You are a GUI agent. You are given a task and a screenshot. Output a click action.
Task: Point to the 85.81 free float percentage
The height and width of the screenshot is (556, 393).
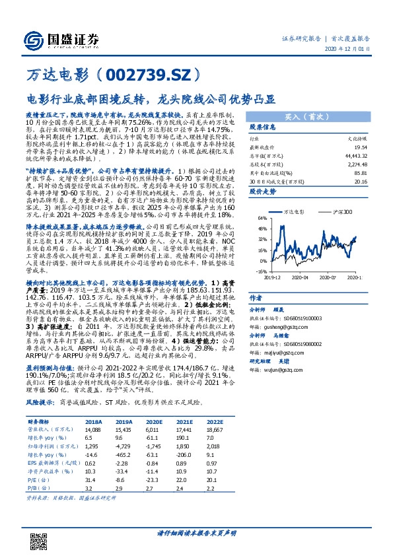[x=359, y=172]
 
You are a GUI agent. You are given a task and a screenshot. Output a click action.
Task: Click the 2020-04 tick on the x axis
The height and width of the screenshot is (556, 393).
[x=301, y=278]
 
